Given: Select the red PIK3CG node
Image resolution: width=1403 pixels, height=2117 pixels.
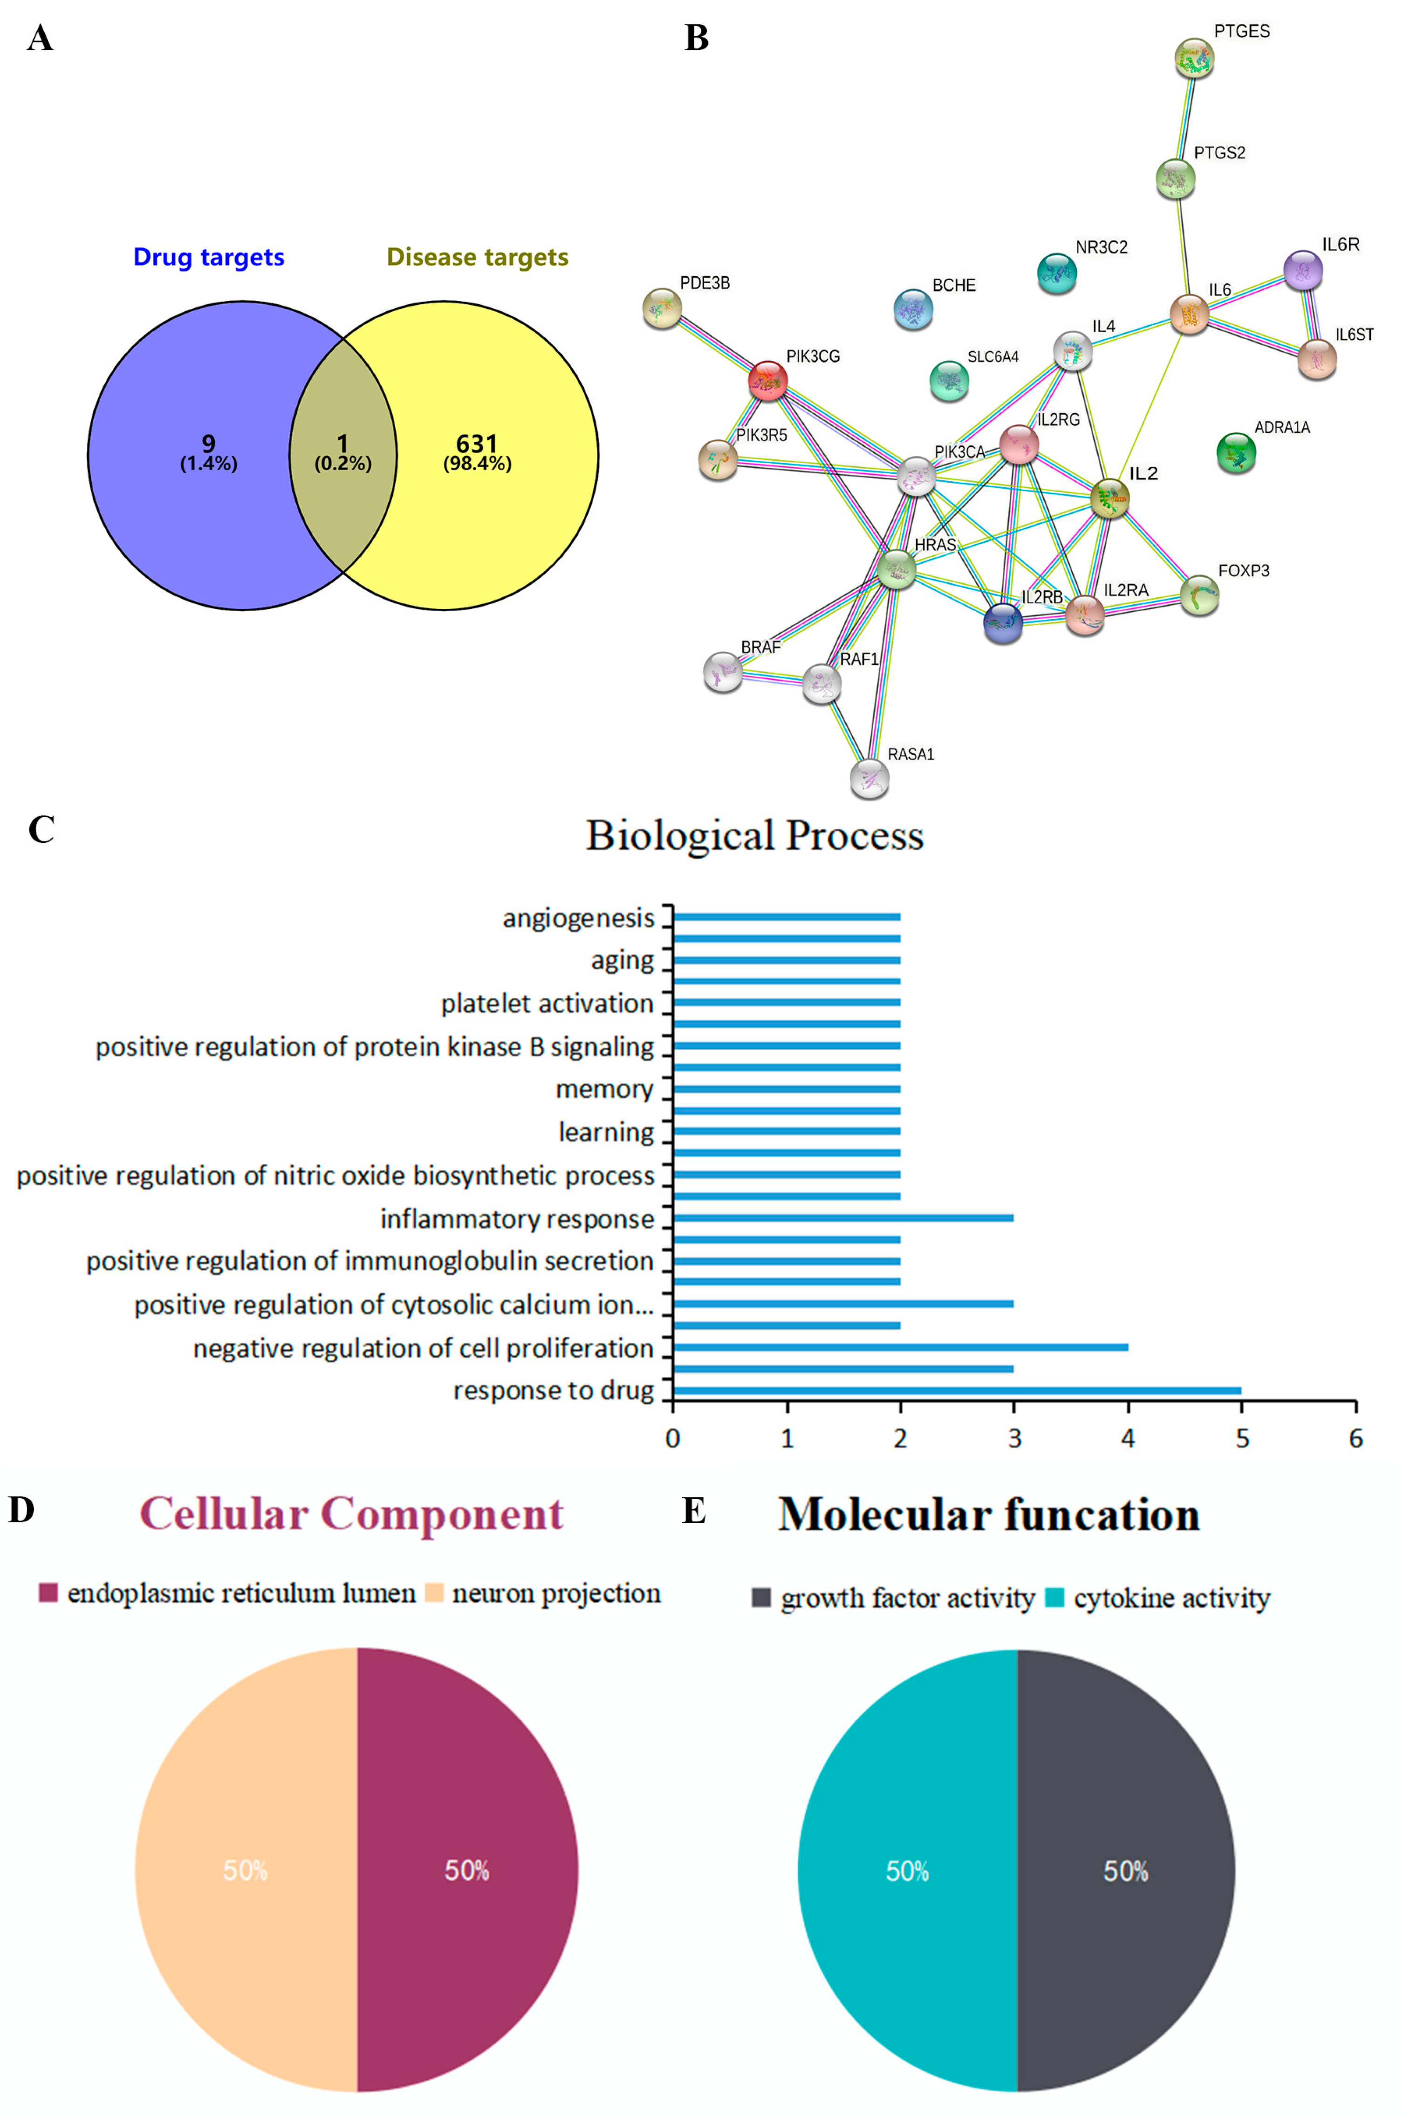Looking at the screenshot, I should click(768, 381).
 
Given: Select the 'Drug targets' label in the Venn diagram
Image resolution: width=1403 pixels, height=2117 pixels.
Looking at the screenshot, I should click(208, 258).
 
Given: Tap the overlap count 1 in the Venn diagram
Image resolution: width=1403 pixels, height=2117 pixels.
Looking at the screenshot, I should click(342, 444).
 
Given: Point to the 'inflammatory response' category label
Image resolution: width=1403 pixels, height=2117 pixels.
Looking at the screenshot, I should click(517, 1219).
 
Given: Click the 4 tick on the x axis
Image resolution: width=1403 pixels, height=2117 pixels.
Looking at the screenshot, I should click(1128, 1438).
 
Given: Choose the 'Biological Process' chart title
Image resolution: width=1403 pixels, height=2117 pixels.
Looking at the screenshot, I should click(754, 835).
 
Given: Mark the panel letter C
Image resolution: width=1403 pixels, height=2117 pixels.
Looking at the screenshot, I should click(41, 829).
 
